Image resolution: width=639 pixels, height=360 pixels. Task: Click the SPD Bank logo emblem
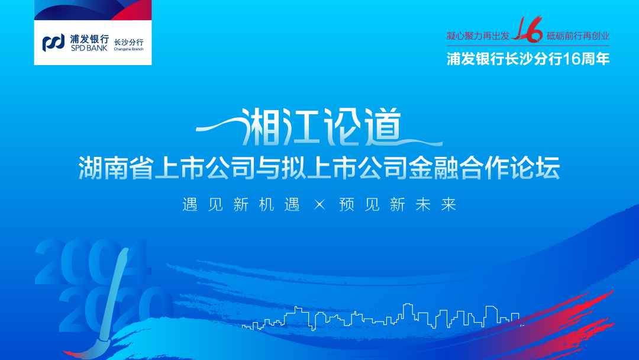click(x=53, y=43)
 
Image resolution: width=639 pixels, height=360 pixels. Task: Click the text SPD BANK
click(x=89, y=48)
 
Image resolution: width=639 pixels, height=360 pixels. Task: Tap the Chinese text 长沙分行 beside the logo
click(x=129, y=43)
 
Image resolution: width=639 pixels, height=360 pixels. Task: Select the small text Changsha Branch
click(x=129, y=49)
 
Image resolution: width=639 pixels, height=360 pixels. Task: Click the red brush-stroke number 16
click(x=528, y=30)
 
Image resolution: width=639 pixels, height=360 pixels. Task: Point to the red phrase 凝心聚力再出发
click(x=478, y=36)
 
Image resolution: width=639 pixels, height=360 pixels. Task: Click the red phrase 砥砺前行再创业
click(x=578, y=36)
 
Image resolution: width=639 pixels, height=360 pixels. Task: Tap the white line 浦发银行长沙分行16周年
click(x=528, y=59)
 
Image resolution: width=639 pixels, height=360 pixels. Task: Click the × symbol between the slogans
click(x=320, y=204)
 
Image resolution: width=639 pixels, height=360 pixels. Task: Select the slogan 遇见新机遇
click(x=241, y=204)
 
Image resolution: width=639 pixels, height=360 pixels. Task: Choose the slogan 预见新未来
click(x=398, y=204)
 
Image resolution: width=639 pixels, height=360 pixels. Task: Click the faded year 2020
click(x=116, y=308)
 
